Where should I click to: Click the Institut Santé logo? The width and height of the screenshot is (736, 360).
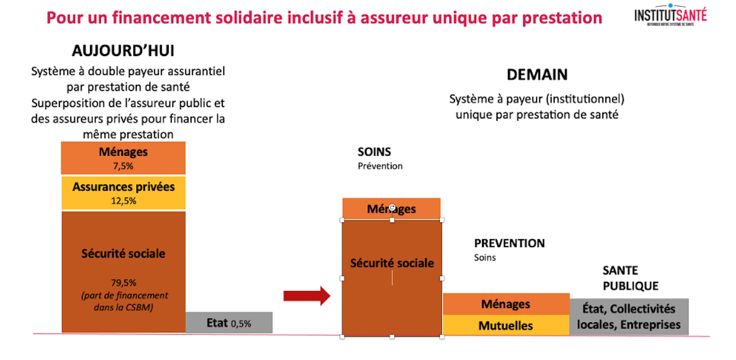[670, 15]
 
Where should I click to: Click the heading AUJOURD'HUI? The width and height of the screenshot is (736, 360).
[123, 51]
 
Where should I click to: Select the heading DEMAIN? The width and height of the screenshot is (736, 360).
[537, 74]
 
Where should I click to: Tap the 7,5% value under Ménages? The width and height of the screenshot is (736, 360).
[123, 166]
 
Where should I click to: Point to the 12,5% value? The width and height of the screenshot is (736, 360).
[123, 201]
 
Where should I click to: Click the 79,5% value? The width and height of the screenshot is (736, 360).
[123, 283]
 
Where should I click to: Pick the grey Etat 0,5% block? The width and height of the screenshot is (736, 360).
[229, 322]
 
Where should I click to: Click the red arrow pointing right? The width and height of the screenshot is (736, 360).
[307, 296]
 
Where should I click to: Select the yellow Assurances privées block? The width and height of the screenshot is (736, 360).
[123, 192]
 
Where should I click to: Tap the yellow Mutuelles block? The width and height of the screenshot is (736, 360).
[506, 325]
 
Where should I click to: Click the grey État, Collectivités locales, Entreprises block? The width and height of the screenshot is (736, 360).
[629, 317]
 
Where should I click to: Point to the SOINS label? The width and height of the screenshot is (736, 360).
[374, 152]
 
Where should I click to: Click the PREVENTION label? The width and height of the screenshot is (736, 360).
[509, 243]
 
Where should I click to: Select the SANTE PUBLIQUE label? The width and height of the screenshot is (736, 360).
[631, 278]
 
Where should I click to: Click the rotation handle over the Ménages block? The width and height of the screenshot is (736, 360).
[392, 208]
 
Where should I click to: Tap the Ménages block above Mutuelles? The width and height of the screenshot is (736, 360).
[506, 304]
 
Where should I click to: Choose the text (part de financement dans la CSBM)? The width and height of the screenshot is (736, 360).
[124, 301]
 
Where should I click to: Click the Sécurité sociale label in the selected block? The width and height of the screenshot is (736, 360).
[392, 263]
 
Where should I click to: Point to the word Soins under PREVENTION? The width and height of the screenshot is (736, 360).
[485, 258]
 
